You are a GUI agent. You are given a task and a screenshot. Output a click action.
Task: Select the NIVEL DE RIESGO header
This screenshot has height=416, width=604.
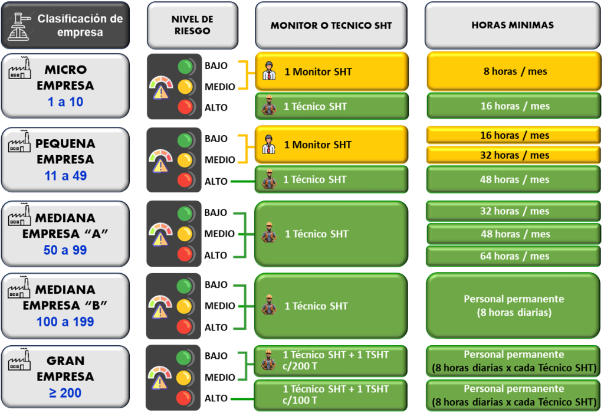[x=192, y=25]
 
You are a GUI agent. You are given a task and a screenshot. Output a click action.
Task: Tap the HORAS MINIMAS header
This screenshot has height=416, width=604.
[x=512, y=25]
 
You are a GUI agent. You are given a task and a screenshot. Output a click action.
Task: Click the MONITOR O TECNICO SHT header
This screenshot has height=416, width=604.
[x=331, y=25]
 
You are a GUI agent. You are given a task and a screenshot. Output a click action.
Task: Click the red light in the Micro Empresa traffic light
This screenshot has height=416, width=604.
[x=186, y=107]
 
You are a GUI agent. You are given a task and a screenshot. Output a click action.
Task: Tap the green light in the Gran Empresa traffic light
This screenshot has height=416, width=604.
[x=185, y=358]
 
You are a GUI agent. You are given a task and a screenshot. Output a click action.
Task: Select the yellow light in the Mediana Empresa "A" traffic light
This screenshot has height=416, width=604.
[x=186, y=233]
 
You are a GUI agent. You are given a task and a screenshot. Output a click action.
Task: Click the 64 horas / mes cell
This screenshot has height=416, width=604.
[x=515, y=256]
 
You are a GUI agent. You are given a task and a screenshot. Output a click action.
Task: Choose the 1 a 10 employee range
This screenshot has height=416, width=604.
[x=65, y=102]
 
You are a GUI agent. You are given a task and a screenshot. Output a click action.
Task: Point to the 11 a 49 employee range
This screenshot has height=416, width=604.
[x=65, y=175]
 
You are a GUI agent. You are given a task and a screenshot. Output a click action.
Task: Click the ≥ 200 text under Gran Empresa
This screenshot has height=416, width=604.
[x=65, y=392]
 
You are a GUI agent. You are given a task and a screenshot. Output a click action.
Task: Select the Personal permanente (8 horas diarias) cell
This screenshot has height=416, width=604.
[x=514, y=306]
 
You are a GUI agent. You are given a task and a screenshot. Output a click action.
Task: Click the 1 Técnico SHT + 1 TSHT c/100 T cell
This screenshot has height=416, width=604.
[x=331, y=395]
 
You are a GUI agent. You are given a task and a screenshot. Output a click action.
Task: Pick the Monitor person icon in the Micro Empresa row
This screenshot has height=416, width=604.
[x=269, y=72]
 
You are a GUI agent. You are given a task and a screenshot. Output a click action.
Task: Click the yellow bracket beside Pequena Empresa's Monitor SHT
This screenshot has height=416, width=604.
[x=244, y=148]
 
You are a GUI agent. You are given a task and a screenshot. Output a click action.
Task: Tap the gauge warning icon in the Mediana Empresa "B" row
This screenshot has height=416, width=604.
[x=160, y=306]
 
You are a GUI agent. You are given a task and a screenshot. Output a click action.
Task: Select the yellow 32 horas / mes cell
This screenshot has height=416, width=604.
[x=515, y=155]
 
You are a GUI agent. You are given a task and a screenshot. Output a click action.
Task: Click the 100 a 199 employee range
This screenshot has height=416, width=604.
[x=65, y=322]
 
